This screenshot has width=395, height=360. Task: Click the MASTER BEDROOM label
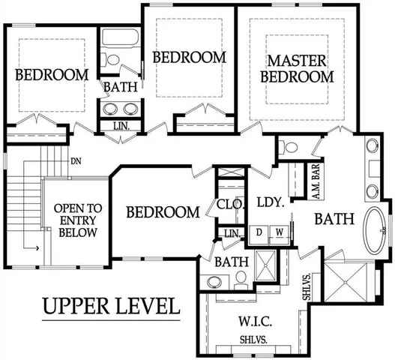300,67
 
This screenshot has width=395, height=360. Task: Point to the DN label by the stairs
76,161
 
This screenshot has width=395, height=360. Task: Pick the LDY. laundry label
268,202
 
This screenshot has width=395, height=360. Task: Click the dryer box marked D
259,232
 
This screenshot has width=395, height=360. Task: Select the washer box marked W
278,232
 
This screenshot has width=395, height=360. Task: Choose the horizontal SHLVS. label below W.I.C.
256,340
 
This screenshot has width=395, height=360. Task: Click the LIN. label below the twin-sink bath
122,127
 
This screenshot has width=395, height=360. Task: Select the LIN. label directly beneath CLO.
232,235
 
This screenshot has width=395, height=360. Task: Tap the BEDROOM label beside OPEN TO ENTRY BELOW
162,213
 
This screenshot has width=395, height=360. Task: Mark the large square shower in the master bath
349,281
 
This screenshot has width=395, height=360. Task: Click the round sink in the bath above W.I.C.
214,282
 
